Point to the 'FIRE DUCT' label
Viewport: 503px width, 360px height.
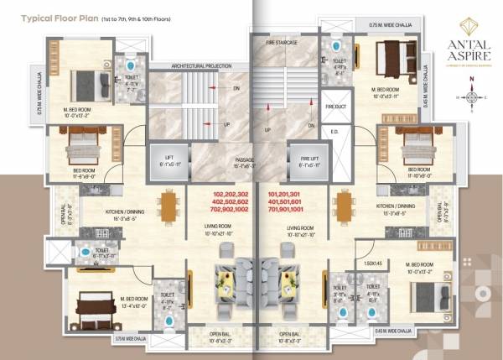(335, 107)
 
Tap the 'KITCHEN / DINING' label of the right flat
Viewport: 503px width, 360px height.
(397, 205)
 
